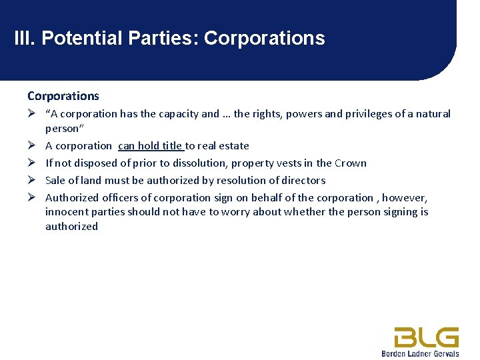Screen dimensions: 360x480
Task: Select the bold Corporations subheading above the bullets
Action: pos(63,96)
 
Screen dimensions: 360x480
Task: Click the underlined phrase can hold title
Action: pos(151,146)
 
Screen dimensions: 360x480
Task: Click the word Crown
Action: pos(351,163)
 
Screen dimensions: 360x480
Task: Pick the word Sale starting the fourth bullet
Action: pos(55,181)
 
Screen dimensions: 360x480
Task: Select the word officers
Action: pos(121,198)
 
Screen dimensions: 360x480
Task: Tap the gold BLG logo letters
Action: pos(426,337)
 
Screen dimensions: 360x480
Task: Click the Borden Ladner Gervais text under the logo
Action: pos(420,353)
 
